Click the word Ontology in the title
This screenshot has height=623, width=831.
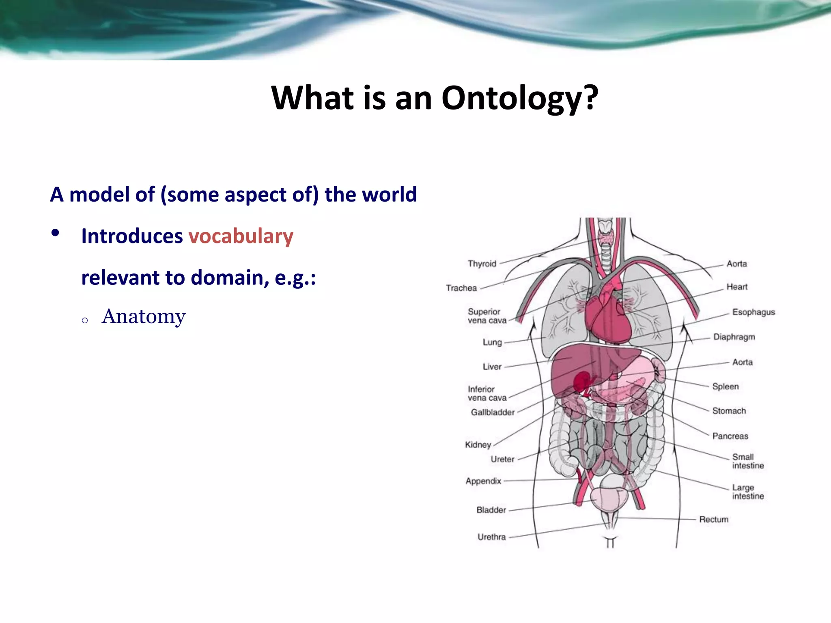pos(512,98)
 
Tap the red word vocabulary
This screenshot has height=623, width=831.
pos(241,236)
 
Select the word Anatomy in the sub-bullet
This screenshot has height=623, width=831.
pos(144,316)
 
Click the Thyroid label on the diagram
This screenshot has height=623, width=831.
pos(482,264)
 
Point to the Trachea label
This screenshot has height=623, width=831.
pos(461,288)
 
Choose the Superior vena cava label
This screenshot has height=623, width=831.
pos(487,316)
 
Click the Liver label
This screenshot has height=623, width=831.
pos(492,367)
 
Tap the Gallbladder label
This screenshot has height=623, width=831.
pos(493,412)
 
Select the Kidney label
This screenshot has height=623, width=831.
pos(478,445)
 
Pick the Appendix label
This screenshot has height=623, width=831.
pos(483,481)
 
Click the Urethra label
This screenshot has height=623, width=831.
pos(491,537)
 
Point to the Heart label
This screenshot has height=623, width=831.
pos(737,287)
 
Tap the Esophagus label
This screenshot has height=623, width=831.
pos(753,312)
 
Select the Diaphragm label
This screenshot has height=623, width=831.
pos(734,337)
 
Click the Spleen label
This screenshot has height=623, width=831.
pos(726,387)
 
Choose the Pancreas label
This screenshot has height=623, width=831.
pos(730,436)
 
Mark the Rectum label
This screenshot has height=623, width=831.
pos(714,520)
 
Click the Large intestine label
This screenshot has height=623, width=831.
pos(748,492)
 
